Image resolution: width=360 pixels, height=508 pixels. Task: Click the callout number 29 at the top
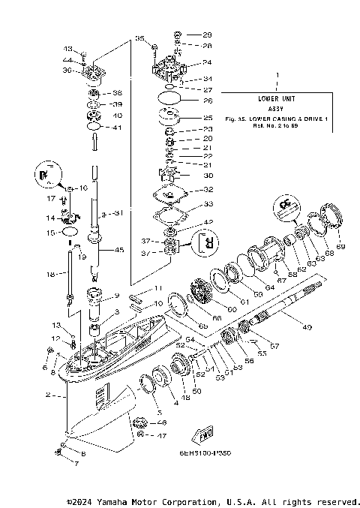click(208, 35)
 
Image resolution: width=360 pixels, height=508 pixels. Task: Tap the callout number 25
click(208, 118)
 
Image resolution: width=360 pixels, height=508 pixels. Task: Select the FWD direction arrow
click(202, 434)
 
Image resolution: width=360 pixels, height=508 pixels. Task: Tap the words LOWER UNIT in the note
click(277, 98)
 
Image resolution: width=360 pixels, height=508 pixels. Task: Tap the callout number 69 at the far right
click(340, 246)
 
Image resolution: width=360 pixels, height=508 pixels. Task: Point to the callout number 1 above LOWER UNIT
click(277, 76)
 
